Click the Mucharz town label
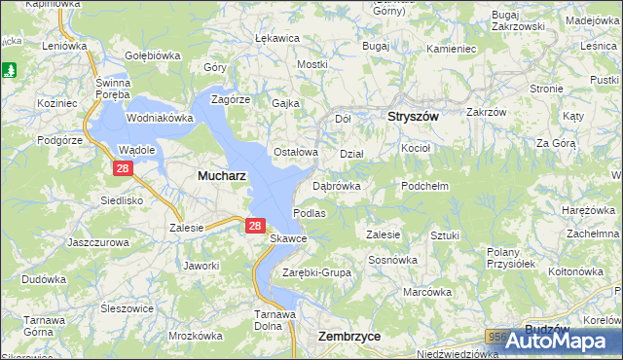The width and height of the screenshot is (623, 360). point(221,176)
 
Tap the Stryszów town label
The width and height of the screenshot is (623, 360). point(414,117)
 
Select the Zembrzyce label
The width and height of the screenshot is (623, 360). point(349,336)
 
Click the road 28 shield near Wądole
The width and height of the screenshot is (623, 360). point(122,168)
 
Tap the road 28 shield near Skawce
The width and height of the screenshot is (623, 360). point(254,225)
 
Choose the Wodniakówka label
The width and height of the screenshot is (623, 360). point(160,118)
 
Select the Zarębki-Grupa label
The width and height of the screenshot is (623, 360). point(316,272)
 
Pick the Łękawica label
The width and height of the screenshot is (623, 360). point(275,38)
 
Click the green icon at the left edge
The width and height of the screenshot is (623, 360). point(10,70)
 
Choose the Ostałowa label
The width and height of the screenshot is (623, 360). point(296,152)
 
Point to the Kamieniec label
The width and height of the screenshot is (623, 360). point(451,48)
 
